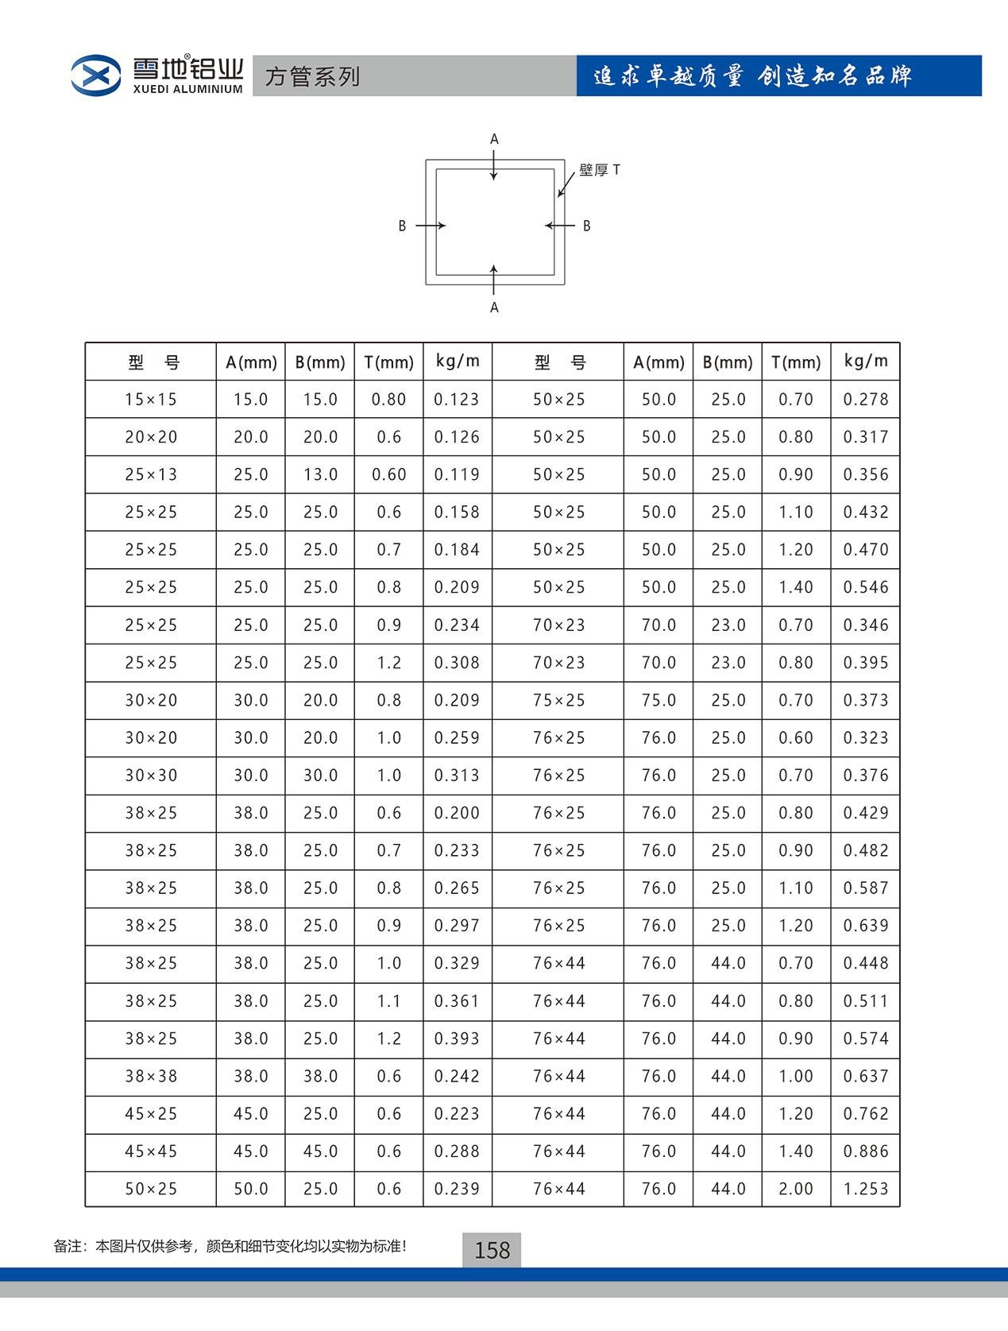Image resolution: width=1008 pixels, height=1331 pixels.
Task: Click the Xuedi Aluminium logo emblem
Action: pos(95,75)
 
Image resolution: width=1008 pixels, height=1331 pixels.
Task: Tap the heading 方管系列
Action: pos(312,76)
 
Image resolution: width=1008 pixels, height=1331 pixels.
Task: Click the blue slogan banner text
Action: pos(752,76)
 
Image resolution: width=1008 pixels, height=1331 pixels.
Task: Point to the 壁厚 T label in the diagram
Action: pos(599,170)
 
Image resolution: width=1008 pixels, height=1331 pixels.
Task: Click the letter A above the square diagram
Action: pos(494,140)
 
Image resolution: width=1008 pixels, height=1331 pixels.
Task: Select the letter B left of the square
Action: pos(402,226)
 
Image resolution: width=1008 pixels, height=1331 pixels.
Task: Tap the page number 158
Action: pos(492,1251)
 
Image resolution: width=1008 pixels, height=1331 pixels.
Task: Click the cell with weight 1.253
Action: pos(865,1189)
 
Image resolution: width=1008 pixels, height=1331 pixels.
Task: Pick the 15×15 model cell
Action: pos(150,400)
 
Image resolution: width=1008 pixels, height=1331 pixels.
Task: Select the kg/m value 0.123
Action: pos(457,400)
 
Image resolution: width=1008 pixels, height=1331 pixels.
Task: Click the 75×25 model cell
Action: pos(558,700)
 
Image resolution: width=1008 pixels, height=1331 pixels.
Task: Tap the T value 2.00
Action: pos(795,1189)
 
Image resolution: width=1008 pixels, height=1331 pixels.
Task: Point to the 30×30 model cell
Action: pos(150,776)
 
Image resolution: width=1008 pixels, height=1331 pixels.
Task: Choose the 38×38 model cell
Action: pos(150,1076)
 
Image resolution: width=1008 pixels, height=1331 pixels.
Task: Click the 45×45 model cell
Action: pos(150,1151)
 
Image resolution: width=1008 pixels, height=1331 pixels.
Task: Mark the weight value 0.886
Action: pos(865,1151)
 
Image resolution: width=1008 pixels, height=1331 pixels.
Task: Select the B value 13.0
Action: pos(320,474)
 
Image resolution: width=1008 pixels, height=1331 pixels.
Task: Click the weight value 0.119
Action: pos(457,474)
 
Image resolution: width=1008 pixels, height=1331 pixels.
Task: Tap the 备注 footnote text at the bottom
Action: pos(230,1246)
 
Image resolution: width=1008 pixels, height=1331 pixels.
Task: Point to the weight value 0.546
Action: pos(865,587)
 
